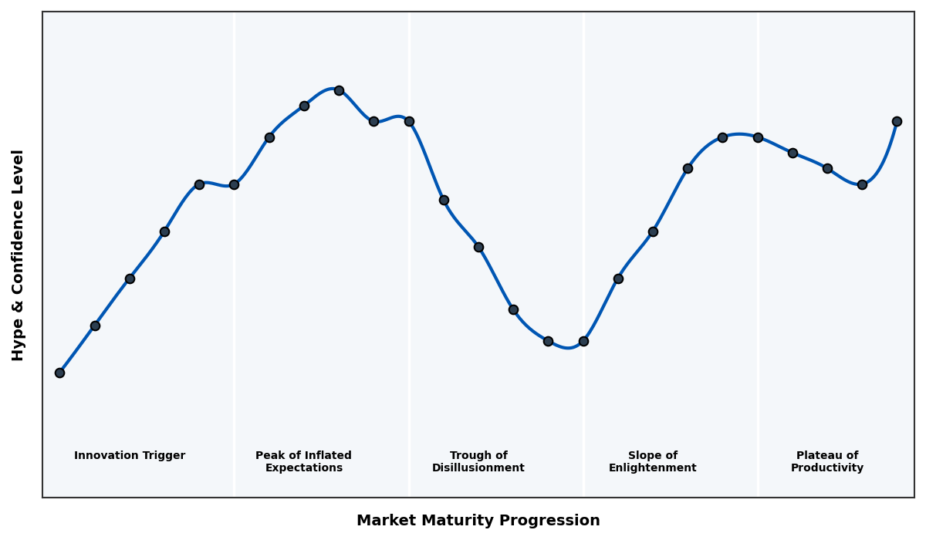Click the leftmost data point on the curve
59,373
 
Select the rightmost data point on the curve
897,121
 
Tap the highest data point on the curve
339,90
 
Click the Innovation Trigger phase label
130,456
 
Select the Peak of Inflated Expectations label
303,462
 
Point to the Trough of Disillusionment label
478,462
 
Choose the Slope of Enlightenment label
652,462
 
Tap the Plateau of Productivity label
827,462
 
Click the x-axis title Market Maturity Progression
478,521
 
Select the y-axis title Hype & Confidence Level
19,255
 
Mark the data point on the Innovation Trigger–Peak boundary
234,184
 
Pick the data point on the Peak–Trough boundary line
409,121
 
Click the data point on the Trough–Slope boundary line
583,341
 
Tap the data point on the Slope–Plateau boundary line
758,137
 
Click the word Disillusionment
478,468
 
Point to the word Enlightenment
652,468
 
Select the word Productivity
827,468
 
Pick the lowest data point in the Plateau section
862,184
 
